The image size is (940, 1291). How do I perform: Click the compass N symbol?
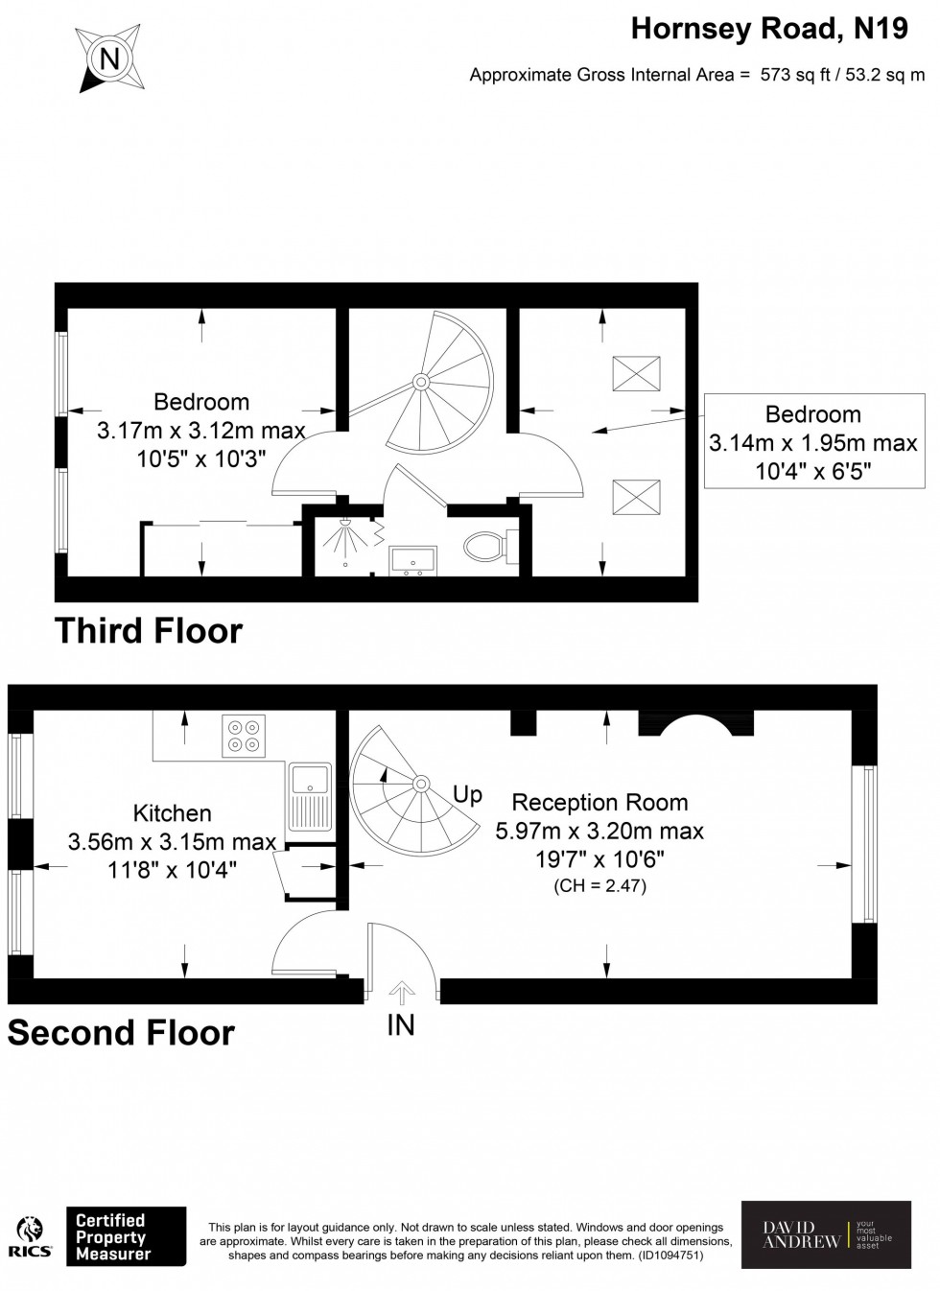pos(109,59)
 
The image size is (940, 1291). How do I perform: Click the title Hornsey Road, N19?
pos(769,29)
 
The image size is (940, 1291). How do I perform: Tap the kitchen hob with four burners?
pos(244,736)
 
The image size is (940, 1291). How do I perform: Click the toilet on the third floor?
pos(489,548)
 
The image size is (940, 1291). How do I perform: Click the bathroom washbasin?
pos(413,559)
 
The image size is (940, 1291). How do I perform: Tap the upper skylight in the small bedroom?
pos(636,373)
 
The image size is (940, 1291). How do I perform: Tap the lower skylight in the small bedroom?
pos(636,497)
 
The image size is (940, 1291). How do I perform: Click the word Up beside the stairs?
pos(467,794)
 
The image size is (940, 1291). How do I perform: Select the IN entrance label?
pos(401,1025)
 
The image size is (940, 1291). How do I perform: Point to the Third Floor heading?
pos(149,631)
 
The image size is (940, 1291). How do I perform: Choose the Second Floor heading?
pos(121,1033)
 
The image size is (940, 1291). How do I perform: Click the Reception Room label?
pos(599,802)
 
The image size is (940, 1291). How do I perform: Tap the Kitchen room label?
pos(172,813)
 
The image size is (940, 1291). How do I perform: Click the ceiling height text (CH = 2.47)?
pos(599,885)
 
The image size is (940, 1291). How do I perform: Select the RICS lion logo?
pos(30,1234)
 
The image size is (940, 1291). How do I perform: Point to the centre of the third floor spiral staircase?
pos(420,382)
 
